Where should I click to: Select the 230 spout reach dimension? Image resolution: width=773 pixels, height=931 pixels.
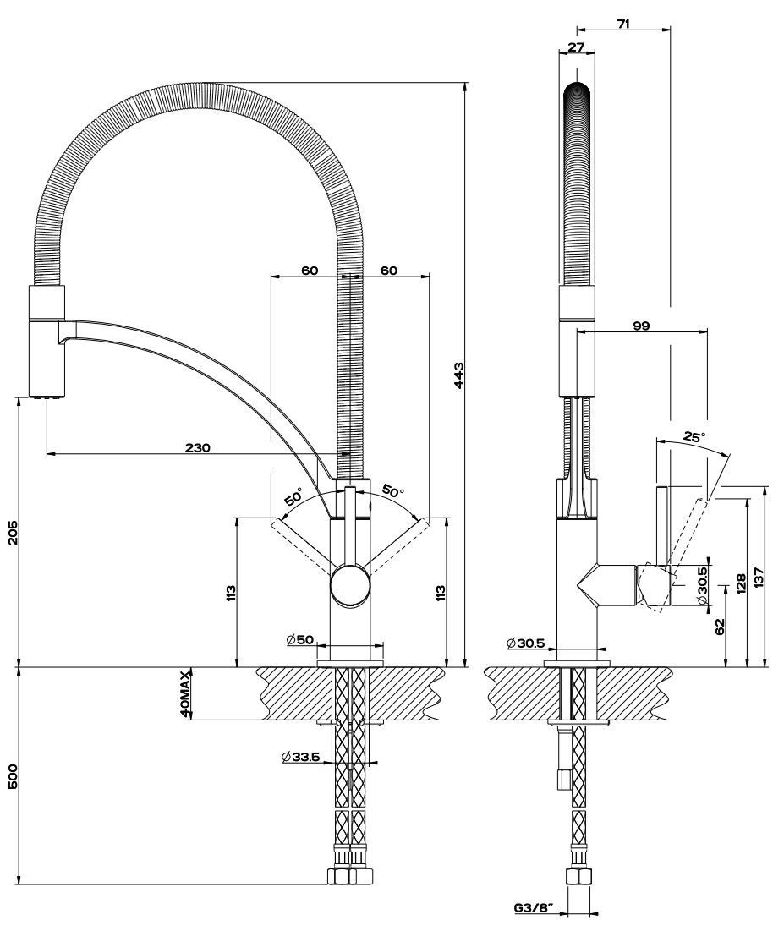[198, 447]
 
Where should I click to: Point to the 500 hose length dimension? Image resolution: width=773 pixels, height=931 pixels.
[13, 777]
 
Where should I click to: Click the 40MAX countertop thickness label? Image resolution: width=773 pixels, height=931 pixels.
[185, 694]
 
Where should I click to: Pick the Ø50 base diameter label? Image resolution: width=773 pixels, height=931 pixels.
[300, 640]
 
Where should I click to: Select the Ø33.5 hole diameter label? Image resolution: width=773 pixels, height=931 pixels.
[301, 757]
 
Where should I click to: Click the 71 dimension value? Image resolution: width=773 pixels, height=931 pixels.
[623, 24]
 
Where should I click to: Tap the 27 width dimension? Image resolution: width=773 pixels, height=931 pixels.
[576, 48]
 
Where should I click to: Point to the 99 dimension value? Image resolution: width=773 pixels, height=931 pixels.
[640, 326]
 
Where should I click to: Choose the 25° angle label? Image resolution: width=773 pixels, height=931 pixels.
[694, 437]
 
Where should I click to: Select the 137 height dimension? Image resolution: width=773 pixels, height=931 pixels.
[761, 577]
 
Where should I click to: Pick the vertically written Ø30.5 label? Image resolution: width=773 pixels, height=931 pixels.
[703, 584]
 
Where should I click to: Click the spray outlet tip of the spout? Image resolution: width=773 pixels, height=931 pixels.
[46, 395]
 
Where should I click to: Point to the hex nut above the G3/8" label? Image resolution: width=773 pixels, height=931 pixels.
[578, 877]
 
